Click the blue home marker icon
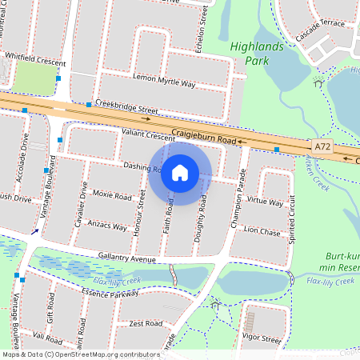coord(180,172)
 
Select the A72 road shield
coord(322,147)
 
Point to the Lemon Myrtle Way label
coord(164,82)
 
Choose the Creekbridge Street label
coord(126,107)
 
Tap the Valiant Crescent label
coord(149,136)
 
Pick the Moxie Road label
coord(111,195)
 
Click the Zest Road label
coord(146,323)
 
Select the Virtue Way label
coord(266,202)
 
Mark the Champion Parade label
coord(237,201)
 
